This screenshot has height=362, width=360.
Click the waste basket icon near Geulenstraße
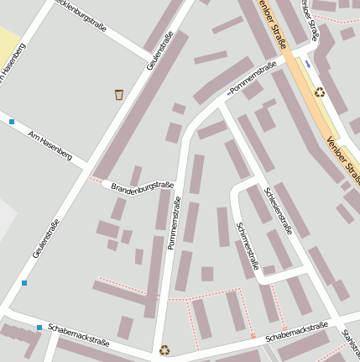click(x=119, y=95)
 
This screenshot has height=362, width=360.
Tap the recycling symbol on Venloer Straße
click(x=320, y=92)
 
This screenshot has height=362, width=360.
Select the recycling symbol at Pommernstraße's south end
click(x=164, y=349)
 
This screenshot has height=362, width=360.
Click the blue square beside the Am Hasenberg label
click(x=12, y=122)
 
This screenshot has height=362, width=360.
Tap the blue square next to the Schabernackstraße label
click(x=39, y=328)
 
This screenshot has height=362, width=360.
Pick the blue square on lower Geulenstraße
click(x=24, y=282)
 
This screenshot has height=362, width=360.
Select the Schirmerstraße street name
click(x=248, y=248)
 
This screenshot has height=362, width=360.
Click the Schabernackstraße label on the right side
click(x=295, y=332)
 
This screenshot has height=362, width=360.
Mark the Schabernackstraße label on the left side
click(x=79, y=334)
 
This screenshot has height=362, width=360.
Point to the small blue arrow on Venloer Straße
click(x=308, y=64)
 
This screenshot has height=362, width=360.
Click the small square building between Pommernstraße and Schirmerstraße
click(x=206, y=274)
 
